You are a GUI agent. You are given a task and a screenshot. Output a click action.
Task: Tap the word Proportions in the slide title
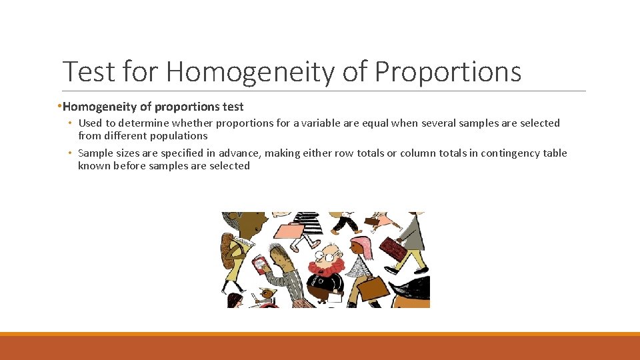click(447, 72)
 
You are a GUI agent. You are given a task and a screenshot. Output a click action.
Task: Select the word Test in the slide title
click(87, 72)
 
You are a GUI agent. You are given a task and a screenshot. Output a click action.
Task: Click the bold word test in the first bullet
click(233, 107)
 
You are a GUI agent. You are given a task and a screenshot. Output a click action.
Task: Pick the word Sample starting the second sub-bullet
click(96, 153)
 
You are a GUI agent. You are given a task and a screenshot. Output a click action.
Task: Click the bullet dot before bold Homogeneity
click(59, 107)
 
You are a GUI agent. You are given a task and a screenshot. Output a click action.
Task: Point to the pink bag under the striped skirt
click(289, 231)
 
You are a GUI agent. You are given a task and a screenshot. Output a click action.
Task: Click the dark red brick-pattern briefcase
click(393, 249)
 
